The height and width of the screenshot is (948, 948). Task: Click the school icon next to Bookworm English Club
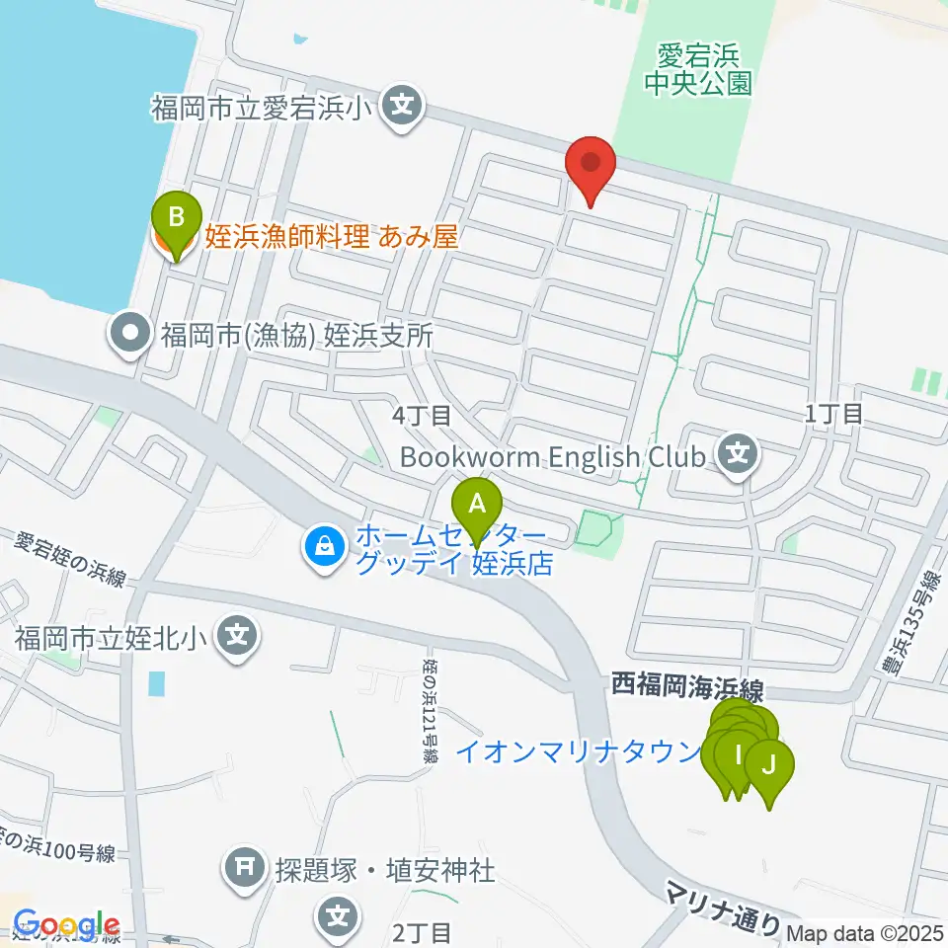click(x=738, y=455)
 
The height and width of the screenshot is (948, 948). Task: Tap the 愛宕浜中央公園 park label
click(x=697, y=68)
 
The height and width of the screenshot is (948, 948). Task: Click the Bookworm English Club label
click(x=554, y=456)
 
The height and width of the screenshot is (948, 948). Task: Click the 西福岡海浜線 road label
click(x=687, y=683)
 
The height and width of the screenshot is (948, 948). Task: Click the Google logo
click(x=67, y=926)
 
